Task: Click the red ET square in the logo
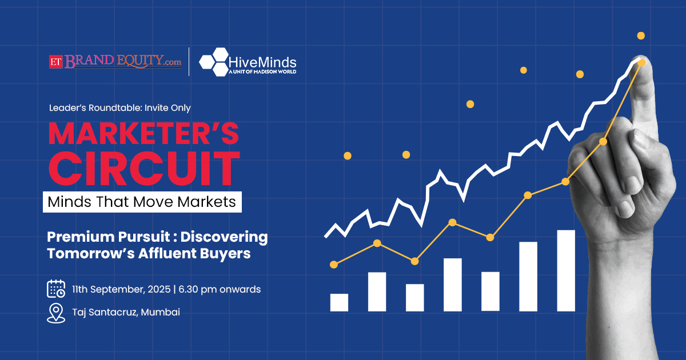[56, 62]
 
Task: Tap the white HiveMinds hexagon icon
[214, 62]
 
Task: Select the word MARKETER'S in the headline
[143, 134]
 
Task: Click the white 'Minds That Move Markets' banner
[142, 202]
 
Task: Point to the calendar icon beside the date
[56, 289]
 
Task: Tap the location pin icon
[56, 313]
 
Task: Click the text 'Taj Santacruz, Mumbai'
[126, 312]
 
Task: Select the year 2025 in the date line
[159, 289]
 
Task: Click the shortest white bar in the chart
[339, 302]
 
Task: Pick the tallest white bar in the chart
[566, 271]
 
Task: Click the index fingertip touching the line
[641, 63]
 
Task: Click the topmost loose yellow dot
[641, 36]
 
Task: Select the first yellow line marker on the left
[334, 265]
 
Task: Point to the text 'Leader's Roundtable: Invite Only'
[119, 108]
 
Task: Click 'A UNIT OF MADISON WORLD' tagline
[262, 72]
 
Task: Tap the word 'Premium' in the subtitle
[81, 237]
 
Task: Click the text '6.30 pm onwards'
[220, 289]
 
